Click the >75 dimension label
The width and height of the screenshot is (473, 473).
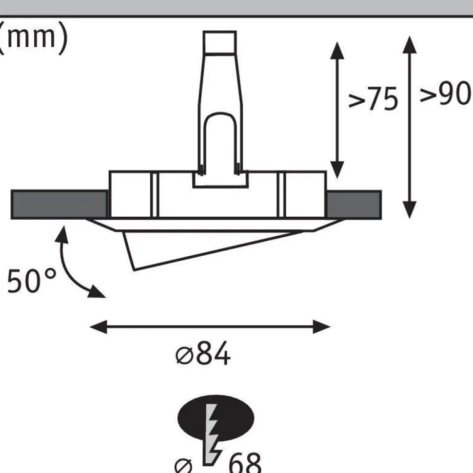click(374, 98)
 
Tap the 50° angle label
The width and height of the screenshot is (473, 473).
click(31, 281)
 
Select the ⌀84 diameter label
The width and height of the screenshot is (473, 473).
click(203, 353)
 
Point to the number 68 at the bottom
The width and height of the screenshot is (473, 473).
click(245, 463)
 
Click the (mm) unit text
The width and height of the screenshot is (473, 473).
click(33, 38)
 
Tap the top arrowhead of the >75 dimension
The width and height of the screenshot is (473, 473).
click(337, 50)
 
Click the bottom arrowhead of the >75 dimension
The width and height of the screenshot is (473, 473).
click(337, 170)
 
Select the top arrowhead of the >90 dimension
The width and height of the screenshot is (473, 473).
click(410, 45)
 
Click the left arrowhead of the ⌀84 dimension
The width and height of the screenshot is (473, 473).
click(99, 327)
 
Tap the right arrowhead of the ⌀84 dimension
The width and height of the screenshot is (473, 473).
click(321, 327)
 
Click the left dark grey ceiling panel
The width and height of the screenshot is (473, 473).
click(59, 205)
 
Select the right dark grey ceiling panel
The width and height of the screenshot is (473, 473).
click(354, 205)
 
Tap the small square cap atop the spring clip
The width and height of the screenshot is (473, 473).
click(220, 42)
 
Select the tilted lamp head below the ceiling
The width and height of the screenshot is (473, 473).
click(212, 247)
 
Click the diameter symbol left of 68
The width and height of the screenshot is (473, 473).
click(183, 466)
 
